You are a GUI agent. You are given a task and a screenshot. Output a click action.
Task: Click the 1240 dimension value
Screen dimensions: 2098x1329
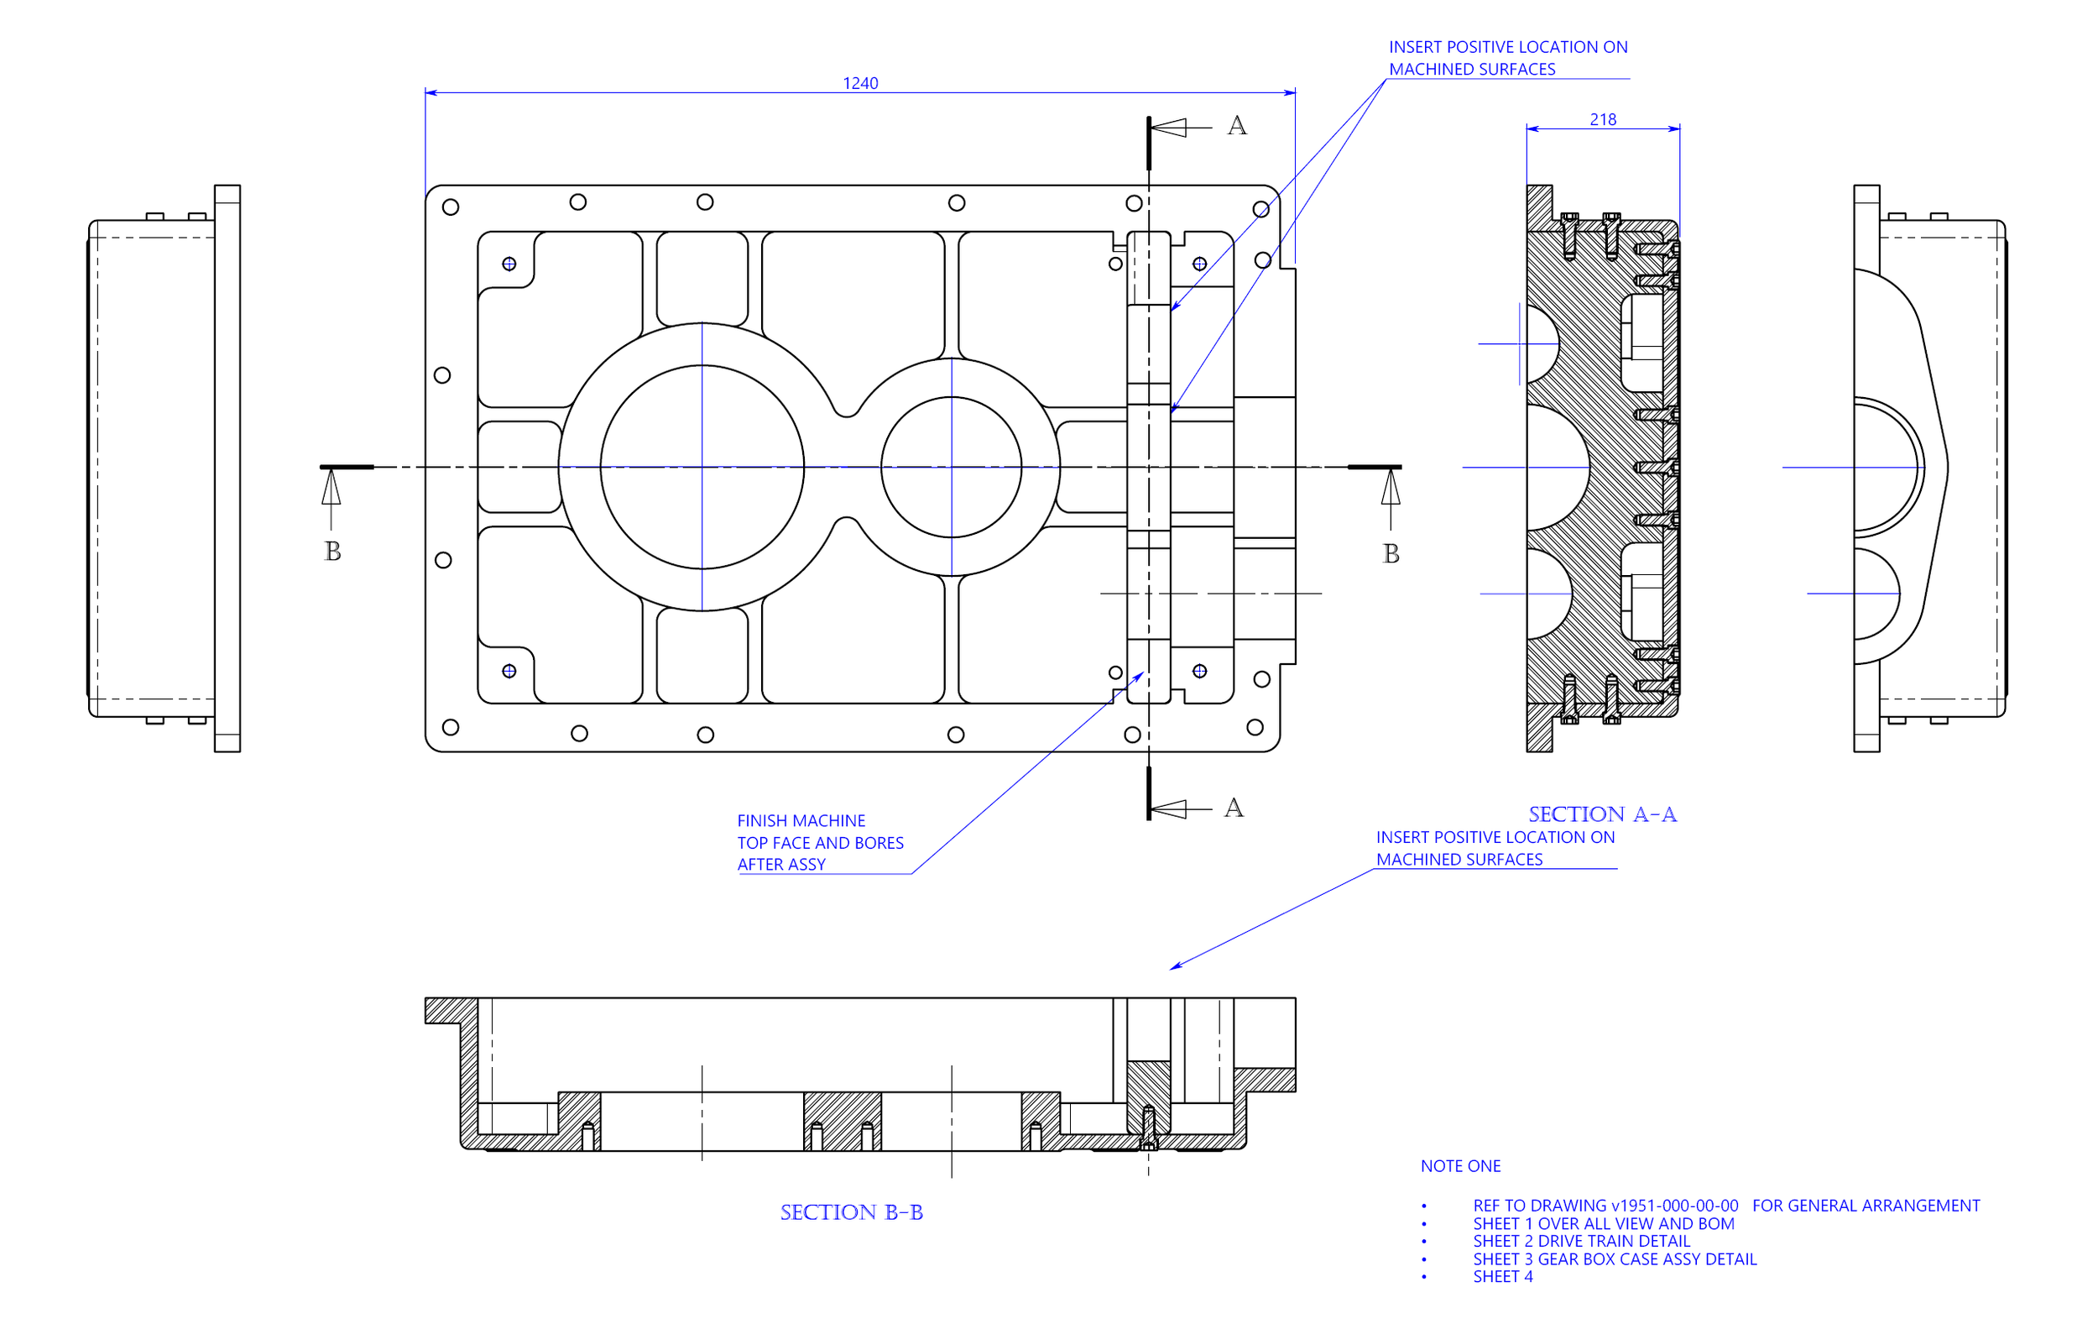tap(860, 83)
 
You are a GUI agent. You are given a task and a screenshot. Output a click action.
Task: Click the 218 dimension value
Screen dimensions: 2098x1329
tap(1603, 119)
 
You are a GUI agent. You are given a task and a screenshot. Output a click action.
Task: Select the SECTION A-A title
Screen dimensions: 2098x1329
tap(1602, 814)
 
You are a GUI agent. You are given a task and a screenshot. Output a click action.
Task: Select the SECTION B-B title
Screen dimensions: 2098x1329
tap(851, 1212)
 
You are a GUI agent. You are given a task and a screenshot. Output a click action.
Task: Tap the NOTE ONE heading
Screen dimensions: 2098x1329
tap(1461, 1166)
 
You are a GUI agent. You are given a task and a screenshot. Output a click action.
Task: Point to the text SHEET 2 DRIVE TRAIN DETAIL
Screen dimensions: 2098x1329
tap(1581, 1241)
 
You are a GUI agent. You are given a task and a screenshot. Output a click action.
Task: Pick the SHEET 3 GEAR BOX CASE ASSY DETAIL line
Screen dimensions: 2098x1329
tap(1615, 1259)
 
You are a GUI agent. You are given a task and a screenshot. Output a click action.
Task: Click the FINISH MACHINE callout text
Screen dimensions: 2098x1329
tap(801, 821)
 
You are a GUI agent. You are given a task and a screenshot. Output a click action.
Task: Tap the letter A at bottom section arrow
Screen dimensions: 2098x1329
tap(1234, 808)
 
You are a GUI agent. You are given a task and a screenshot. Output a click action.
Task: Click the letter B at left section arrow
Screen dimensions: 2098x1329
tap(333, 552)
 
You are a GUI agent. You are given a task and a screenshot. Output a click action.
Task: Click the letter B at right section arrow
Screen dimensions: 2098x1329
tap(1391, 554)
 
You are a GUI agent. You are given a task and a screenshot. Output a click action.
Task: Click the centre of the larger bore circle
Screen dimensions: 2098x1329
tap(702, 467)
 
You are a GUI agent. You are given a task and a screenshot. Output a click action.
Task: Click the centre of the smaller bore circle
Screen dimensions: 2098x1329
tap(952, 467)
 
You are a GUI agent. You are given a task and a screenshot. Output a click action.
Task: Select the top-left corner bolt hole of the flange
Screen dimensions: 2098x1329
tap(451, 207)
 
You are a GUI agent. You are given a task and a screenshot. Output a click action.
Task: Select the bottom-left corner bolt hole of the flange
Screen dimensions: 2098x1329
tap(451, 728)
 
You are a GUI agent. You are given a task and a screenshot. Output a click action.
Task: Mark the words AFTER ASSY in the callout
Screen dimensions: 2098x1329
tap(781, 865)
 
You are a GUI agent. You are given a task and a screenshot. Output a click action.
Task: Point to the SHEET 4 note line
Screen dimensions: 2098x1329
tap(1503, 1277)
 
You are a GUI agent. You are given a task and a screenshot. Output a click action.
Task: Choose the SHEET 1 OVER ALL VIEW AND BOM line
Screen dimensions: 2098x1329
tap(1603, 1223)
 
